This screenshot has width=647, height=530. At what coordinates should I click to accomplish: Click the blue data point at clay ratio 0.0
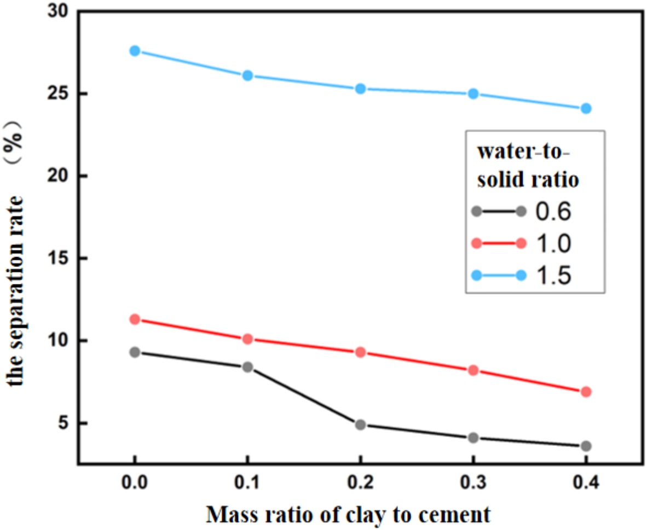point(135,51)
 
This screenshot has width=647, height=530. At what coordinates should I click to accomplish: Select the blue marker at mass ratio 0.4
point(586,108)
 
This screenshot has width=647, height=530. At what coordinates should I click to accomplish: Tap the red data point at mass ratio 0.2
point(360,352)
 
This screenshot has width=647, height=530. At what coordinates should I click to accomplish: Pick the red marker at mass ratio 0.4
point(586,392)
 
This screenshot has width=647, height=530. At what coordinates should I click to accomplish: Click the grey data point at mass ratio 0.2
point(360,424)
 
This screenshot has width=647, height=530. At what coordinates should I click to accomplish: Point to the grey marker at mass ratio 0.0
point(135,352)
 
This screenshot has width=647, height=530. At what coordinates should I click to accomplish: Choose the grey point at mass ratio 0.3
point(473,438)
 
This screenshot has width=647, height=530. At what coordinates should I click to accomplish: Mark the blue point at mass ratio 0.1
point(247,75)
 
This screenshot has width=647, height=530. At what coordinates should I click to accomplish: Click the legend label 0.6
point(552,212)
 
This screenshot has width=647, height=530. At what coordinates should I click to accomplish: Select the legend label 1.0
point(552,243)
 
